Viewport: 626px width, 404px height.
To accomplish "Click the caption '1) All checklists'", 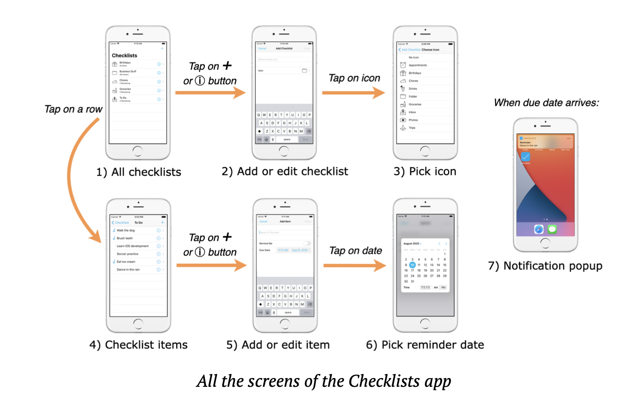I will (138, 172).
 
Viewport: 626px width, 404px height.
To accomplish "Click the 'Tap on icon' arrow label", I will (354, 78).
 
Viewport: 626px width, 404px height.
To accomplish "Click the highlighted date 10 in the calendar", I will (412, 265).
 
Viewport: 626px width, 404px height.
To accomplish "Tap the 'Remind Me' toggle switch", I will (307, 243).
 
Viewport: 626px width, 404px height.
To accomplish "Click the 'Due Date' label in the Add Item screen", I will (265, 250).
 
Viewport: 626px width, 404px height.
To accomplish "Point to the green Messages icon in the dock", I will (552, 229).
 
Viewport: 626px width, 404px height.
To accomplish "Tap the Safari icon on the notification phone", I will (539, 229).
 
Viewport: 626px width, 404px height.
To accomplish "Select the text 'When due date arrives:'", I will (546, 103).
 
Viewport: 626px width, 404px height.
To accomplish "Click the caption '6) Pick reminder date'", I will (425, 345).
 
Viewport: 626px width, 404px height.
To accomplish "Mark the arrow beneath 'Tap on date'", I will (354, 266).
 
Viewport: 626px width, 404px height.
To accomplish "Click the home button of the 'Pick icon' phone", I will (425, 151).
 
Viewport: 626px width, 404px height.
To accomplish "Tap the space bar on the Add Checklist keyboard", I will (287, 140).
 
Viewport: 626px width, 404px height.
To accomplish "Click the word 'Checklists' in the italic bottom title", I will (384, 381).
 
